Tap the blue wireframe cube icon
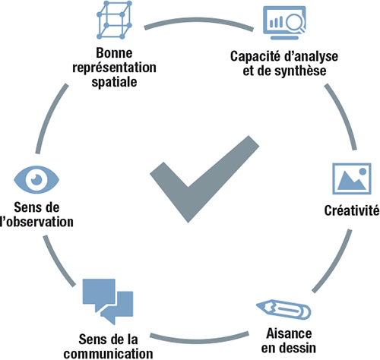click(114, 20)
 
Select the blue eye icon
click(36, 180)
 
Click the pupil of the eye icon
click(36, 179)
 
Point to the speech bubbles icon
click(108, 302)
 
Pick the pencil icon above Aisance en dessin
click(283, 309)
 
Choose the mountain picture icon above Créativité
click(352, 178)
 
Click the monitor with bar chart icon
click(284, 23)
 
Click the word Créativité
click(352, 210)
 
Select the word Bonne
click(114, 53)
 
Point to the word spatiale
click(114, 82)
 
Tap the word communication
click(108, 354)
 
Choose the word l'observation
click(36, 222)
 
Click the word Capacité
click(255, 56)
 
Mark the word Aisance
click(289, 333)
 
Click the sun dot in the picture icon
click(363, 172)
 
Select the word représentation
click(114, 68)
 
